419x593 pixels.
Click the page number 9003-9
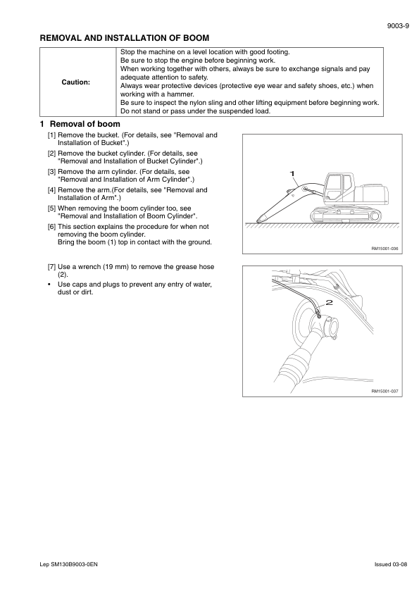tap(398, 26)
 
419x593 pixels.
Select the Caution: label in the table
tap(76, 82)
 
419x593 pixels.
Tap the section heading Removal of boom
tap(85, 124)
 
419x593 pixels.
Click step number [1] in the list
tap(52, 135)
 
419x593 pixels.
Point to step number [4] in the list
tap(52, 190)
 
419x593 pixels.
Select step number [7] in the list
tap(52, 267)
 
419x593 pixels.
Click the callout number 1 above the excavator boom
tap(292, 173)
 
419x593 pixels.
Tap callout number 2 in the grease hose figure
tap(330, 302)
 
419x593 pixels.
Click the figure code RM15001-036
tap(384, 249)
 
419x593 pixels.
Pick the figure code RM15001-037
tap(384, 392)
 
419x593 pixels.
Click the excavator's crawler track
tap(345, 215)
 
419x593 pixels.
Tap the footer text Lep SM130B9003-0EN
tap(69, 565)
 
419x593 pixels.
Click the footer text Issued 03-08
tap(391, 565)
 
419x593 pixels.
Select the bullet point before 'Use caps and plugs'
tap(49, 285)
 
